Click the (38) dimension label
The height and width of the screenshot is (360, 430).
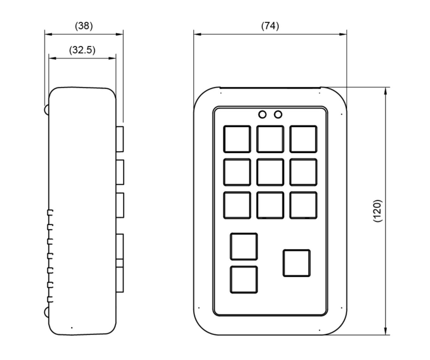[84, 26]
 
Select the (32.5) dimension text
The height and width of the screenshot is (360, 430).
[82, 50]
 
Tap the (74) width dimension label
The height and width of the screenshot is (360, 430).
[270, 26]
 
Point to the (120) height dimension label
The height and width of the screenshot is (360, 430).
[377, 211]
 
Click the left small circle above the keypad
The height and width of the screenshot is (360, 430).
[262, 115]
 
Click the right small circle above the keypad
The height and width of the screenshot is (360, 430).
[278, 115]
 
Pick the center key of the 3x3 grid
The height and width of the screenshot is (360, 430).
[270, 172]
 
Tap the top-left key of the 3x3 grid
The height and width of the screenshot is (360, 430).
[237, 139]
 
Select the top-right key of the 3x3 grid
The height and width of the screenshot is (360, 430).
[303, 139]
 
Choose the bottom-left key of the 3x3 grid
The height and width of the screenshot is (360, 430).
[237, 205]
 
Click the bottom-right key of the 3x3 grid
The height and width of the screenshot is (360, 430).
[303, 205]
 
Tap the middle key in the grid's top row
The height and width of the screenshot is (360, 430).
[270, 139]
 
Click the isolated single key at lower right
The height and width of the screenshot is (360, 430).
[296, 263]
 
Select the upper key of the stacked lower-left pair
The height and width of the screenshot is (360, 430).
[244, 246]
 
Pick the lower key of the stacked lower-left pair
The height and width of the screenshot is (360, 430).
[244, 280]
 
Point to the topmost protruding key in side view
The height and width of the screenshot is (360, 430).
[120, 139]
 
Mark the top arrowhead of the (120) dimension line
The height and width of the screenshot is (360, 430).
[385, 90]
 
